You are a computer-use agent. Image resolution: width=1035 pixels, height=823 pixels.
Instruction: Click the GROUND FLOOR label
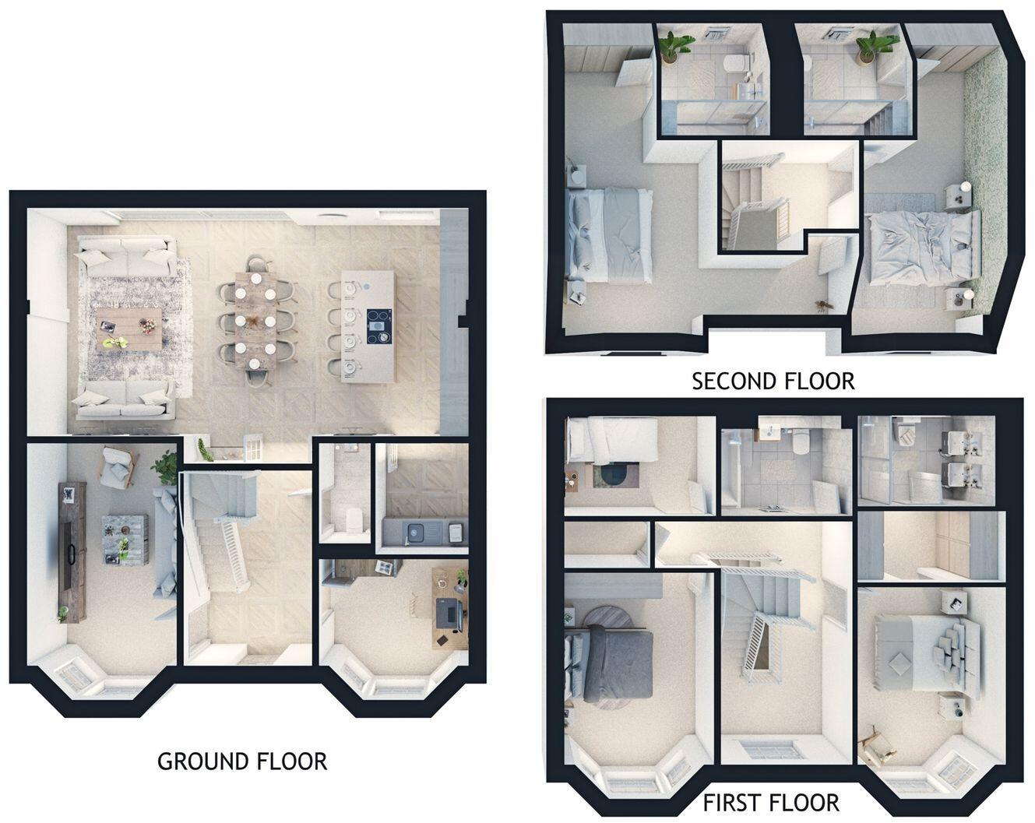click(242, 761)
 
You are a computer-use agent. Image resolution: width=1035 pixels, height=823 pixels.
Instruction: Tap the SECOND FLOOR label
click(773, 382)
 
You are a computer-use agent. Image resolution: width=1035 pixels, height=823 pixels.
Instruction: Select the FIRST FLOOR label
click(771, 803)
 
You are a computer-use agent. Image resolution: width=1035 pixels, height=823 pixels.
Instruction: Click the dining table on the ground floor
click(255, 320)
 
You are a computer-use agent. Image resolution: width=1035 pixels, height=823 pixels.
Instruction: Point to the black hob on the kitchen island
click(379, 326)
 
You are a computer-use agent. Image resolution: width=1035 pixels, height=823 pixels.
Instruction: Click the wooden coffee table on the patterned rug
click(129, 329)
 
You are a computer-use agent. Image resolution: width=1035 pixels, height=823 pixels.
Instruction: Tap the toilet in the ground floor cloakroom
click(354, 519)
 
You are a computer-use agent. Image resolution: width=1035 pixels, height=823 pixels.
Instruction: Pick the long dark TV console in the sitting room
click(72, 552)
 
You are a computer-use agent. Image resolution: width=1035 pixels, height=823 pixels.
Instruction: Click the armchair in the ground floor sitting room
click(118, 467)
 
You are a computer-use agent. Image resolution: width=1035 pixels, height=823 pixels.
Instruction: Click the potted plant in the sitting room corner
click(166, 466)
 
